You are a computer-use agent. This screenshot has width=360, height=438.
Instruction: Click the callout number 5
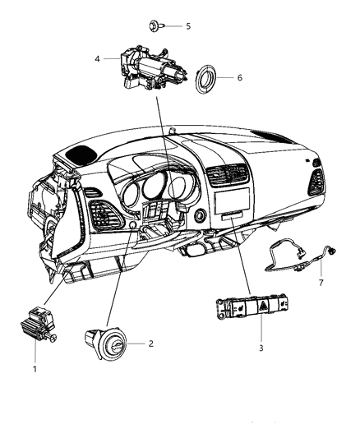(x=187, y=26)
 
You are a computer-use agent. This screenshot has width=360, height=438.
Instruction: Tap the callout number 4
(x=97, y=58)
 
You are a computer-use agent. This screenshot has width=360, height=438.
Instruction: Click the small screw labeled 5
(x=159, y=26)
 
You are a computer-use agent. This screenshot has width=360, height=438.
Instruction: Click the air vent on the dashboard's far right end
(x=315, y=182)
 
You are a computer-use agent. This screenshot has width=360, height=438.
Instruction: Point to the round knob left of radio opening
(x=200, y=217)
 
